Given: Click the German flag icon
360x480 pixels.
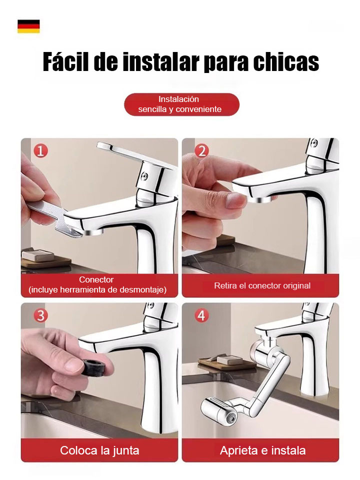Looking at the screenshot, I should (x=28, y=26).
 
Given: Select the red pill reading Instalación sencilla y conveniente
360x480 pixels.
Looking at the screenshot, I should (x=181, y=104).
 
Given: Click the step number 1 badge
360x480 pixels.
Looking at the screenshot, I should (x=40, y=150).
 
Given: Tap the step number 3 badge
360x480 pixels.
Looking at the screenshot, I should (x=40, y=315).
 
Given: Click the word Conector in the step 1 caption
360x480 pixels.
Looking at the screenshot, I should (x=96, y=280).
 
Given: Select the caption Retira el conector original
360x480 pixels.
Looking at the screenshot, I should (x=262, y=286).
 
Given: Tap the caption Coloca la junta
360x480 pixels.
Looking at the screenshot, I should (x=99, y=450).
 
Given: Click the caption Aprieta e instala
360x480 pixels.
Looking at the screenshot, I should (x=262, y=450).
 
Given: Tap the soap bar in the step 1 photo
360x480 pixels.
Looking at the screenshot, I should (x=38, y=255).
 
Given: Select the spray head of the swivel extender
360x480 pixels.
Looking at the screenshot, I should (x=217, y=411).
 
